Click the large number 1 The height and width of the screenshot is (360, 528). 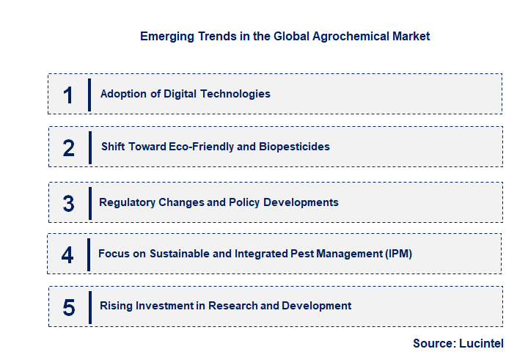[68, 95]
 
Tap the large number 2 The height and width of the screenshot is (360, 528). [69, 147]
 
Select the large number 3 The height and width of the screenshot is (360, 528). [68, 203]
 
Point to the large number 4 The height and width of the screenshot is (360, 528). [67, 254]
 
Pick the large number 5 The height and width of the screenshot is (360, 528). [69, 306]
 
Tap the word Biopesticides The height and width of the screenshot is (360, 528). [294, 147]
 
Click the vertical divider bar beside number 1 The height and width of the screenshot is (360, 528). [89, 95]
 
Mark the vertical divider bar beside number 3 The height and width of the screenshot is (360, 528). [89, 203]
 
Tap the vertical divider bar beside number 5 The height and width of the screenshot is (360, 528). [89, 306]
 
